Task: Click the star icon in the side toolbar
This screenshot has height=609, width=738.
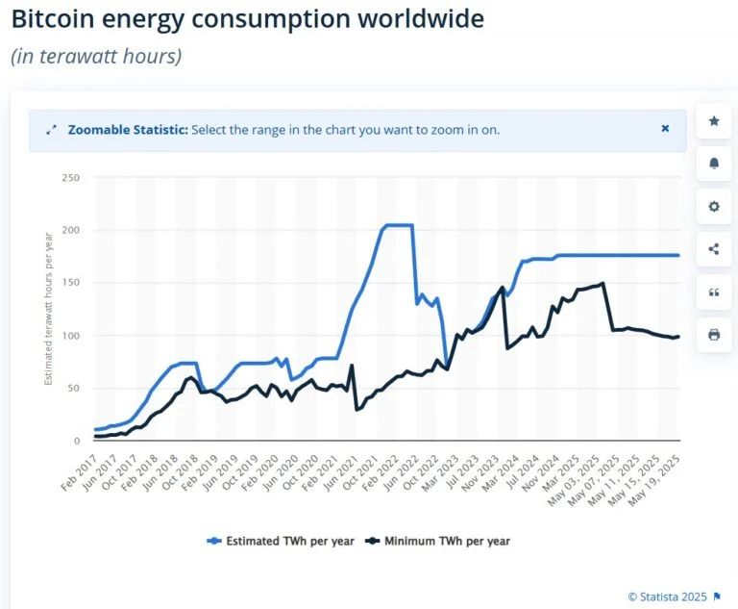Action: click(x=713, y=121)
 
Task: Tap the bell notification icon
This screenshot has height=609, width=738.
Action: click(x=713, y=164)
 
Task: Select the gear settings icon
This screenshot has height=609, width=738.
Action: click(x=713, y=206)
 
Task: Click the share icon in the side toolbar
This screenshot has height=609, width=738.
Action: click(x=713, y=249)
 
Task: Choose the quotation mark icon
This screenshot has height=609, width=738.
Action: click(x=713, y=292)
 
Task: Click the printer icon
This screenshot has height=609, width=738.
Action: click(x=713, y=335)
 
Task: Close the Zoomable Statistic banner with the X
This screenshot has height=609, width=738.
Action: click(x=665, y=129)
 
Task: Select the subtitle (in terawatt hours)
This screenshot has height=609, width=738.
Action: click(x=96, y=56)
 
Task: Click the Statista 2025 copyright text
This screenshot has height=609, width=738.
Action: click(x=668, y=596)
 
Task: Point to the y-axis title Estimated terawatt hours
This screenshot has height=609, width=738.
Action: click(x=48, y=308)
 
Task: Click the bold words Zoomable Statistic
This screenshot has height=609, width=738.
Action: click(x=128, y=129)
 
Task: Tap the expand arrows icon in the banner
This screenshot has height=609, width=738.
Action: click(x=51, y=129)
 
